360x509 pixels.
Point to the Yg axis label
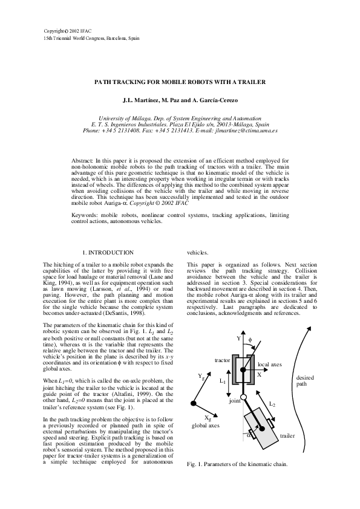(201, 377)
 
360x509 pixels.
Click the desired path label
(304, 381)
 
